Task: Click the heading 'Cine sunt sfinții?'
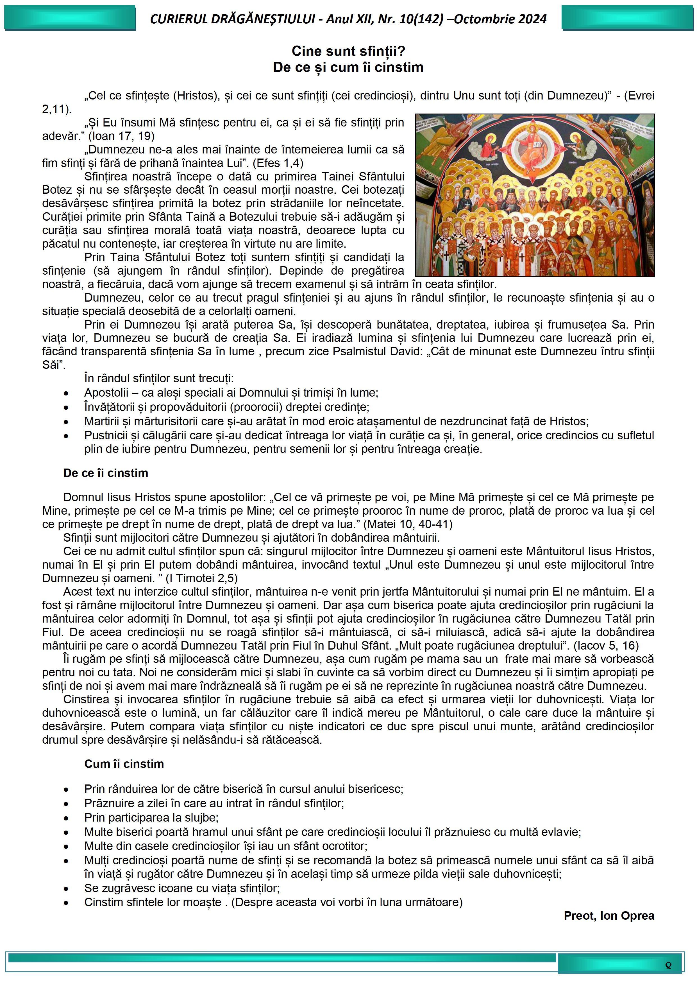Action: pyautogui.click(x=348, y=51)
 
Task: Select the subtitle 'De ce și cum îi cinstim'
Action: pyautogui.click(x=348, y=67)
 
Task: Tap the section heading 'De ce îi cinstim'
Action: pyautogui.click(x=106, y=473)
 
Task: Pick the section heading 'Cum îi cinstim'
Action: pyautogui.click(x=124, y=764)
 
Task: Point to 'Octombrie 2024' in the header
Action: pyautogui.click(x=500, y=19)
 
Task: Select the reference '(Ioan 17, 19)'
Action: pyautogui.click(x=121, y=136)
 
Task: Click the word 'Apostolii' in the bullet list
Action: pyautogui.click(x=106, y=392)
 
